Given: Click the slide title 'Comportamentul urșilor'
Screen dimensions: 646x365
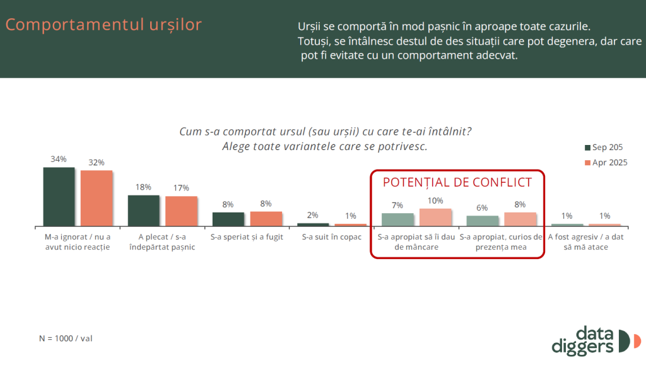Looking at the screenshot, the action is pos(103,25).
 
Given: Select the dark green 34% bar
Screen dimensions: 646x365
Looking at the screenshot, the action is pos(59,197).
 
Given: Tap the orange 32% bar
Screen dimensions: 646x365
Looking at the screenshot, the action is pos(97,199).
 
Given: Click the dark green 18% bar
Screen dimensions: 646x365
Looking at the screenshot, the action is pos(143,211).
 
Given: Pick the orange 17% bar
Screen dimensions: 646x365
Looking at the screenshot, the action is pos(181,212).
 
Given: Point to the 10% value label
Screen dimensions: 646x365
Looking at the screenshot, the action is pos(435,201).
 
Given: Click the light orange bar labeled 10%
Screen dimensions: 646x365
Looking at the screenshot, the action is pos(435,217).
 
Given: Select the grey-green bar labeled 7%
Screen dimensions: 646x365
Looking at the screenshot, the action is pos(397,220).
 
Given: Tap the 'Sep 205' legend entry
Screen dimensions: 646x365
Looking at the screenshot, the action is pos(604,148).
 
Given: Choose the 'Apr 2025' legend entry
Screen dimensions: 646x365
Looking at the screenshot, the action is pos(606,163).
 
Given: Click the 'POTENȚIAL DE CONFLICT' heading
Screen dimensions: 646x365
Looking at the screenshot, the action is pos(457,182).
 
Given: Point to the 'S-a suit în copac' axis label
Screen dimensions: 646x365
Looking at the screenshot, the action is pos(332,237).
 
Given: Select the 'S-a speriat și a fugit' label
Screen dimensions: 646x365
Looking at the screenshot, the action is pos(247,237).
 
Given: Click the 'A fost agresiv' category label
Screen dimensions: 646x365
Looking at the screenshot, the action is pos(585,242).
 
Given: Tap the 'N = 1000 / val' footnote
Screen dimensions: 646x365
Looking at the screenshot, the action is pos(66,339).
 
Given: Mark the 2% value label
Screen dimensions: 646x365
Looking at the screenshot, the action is pos(313,215).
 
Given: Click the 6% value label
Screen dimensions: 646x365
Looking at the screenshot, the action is pos(482,208).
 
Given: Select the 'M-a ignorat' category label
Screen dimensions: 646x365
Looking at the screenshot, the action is pos(78,242).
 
